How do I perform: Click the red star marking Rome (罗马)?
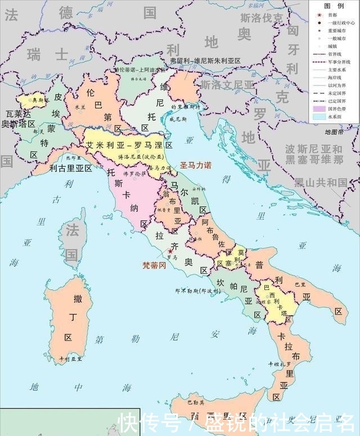pyautogui.click(x=170, y=251)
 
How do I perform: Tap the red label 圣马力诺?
pyautogui.click(x=195, y=166)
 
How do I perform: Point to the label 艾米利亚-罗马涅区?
pyautogui.click(x=129, y=145)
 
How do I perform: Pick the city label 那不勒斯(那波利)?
pyautogui.click(x=197, y=291)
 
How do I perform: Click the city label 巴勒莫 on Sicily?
pyautogui.click(x=196, y=402)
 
